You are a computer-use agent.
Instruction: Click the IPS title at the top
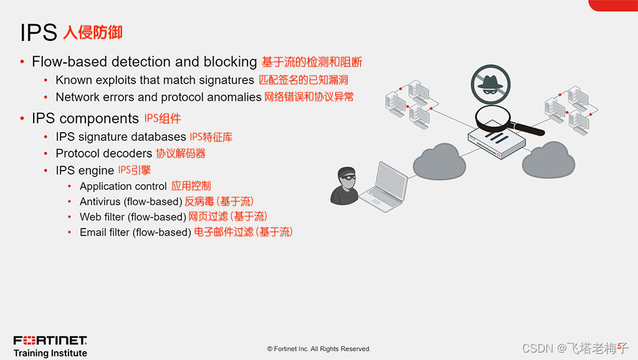pos(39,32)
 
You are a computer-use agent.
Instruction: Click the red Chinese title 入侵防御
pos(93,32)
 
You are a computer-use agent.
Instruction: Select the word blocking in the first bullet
pos(230,62)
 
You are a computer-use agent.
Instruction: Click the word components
pos(99,119)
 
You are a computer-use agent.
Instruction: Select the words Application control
pos(123,186)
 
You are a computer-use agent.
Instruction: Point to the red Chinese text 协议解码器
pos(181,153)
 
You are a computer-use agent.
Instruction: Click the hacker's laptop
pos(384,187)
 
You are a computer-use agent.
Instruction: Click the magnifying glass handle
pos(528,129)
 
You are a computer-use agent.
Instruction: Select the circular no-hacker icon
pos(491,85)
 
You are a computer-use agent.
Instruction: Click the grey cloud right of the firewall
pos(548,160)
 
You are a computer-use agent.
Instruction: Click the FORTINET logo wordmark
pos(50,341)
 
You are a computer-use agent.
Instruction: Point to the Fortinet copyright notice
pos(318,349)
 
